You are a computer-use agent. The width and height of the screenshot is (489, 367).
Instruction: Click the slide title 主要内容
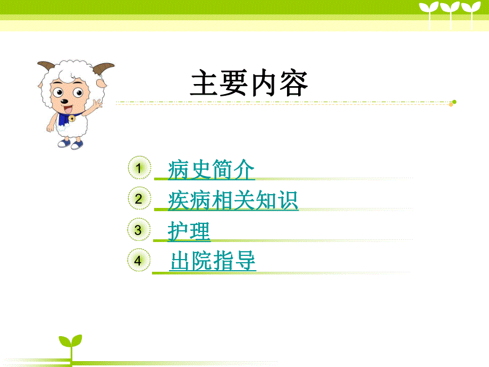249,84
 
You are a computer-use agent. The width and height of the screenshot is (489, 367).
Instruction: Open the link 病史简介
211,170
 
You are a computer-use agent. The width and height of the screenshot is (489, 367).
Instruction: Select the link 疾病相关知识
233,201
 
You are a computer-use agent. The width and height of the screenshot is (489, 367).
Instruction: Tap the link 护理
189,231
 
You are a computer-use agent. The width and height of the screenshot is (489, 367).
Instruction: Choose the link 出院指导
213,261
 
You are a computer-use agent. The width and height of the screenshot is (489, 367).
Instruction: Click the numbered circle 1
138,169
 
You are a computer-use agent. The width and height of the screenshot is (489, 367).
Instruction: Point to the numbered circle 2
138,199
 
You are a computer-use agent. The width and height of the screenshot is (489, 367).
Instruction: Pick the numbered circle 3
138,230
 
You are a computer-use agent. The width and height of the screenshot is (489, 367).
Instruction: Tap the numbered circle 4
138,261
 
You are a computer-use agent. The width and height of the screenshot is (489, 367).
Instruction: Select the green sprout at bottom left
70,343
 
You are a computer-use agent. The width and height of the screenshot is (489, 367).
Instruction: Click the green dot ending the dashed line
454,102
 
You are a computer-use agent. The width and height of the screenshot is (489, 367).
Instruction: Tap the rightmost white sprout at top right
469,11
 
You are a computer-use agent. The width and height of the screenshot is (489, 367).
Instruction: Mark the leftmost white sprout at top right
429,11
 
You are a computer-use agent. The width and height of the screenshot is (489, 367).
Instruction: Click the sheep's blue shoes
70,144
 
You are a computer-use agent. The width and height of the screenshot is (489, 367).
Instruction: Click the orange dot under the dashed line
451,105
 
